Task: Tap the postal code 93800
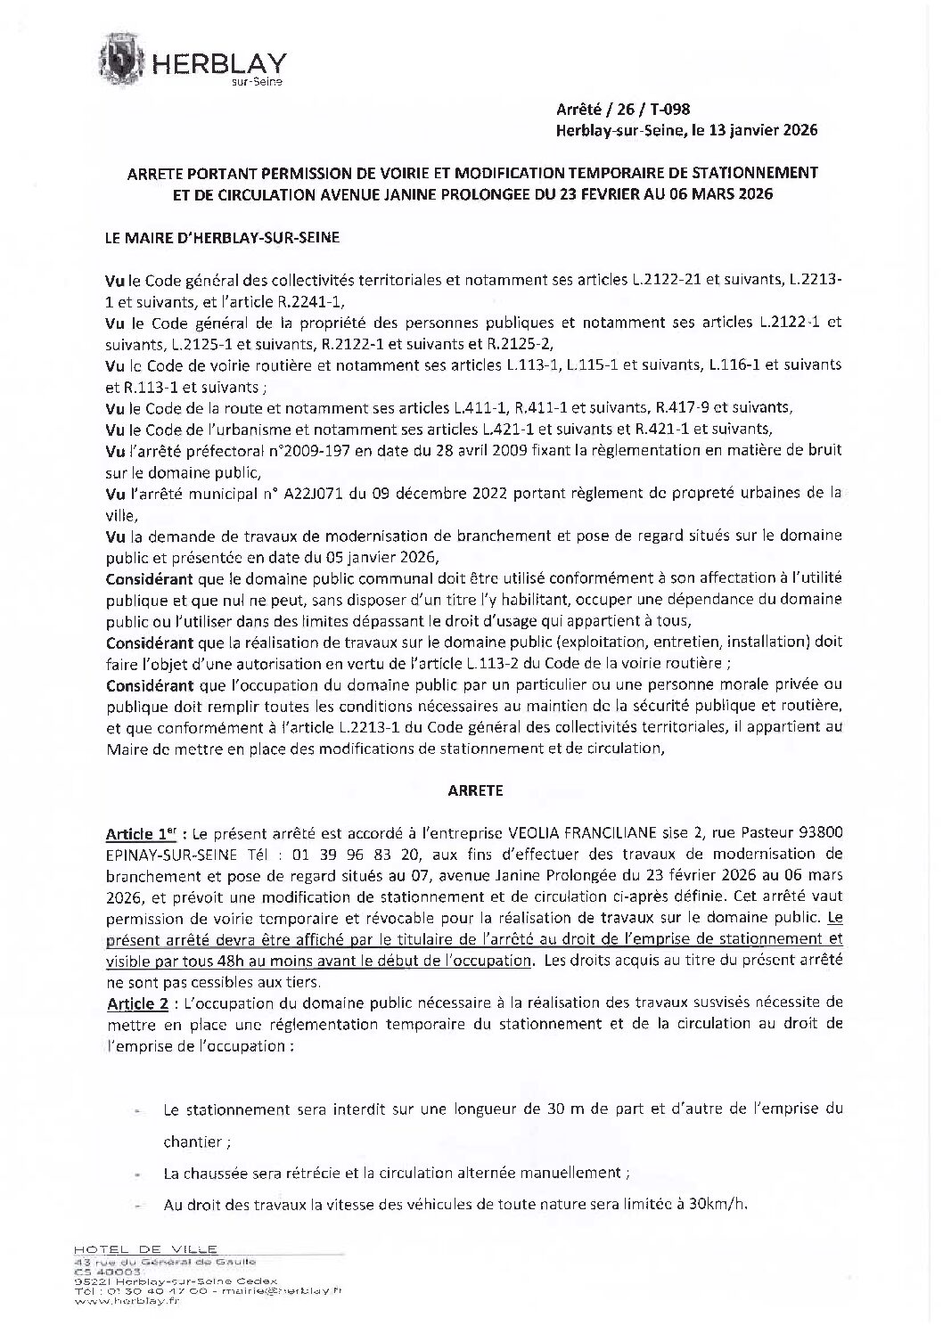tap(818, 834)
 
